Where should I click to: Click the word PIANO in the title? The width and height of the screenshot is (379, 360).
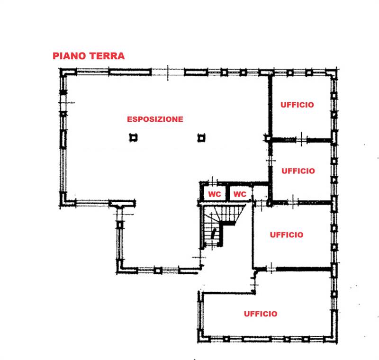[x=69, y=56]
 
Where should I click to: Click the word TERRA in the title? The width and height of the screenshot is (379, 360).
[x=107, y=56]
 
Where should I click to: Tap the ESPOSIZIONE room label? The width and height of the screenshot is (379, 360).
[x=155, y=119]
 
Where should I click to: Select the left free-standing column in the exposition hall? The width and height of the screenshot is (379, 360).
[x=133, y=138]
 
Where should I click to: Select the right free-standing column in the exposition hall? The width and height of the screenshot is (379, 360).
[x=201, y=138]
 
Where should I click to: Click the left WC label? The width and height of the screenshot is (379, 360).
[x=215, y=194]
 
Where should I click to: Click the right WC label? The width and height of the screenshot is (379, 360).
[x=240, y=194]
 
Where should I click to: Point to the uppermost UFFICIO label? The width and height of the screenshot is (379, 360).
[x=297, y=105]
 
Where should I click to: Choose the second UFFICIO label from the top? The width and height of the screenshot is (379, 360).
[x=298, y=171]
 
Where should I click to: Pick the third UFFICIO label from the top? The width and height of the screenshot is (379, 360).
[x=287, y=235]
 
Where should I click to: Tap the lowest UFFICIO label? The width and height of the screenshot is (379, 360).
[x=261, y=314]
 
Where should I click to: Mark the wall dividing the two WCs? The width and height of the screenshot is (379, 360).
[x=227, y=193]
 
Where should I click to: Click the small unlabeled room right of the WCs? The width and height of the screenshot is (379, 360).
[x=260, y=193]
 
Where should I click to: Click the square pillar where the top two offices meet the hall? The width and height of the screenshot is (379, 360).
[x=268, y=139]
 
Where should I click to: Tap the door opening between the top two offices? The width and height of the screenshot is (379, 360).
[x=301, y=140]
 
